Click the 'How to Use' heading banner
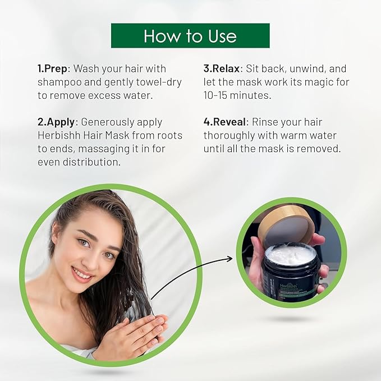tap(190, 36)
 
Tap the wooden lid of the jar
tap(286, 225)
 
